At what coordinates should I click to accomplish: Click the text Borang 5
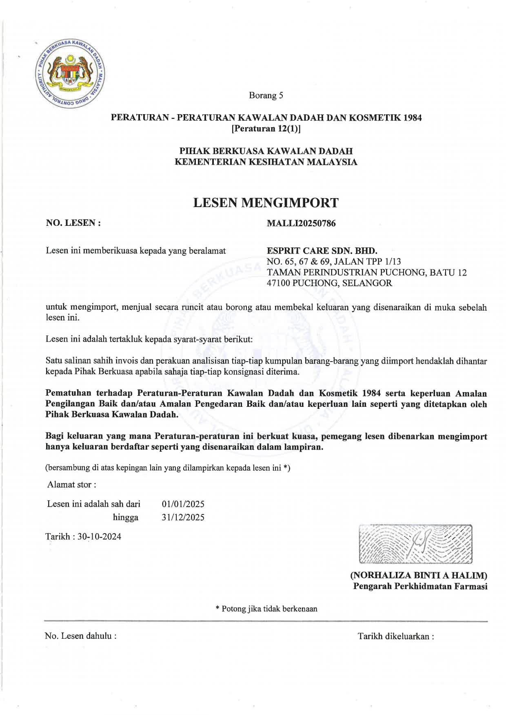coord(266,95)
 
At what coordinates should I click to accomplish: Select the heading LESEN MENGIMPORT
coord(266,203)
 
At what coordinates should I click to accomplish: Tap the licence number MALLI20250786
coord(301,223)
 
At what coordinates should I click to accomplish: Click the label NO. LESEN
coord(73,223)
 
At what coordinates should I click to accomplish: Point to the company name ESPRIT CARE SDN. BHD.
coord(322,251)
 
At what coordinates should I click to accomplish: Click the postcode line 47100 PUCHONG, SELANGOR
coord(329,283)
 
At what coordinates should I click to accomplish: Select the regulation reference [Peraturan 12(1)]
coord(266,129)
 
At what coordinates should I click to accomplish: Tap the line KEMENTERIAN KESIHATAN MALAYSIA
coord(266,162)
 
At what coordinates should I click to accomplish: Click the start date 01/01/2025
coord(183,504)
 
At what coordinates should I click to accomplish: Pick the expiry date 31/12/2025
coord(183,517)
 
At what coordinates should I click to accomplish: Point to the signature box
coord(415,544)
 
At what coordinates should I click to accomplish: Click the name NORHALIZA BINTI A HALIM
coord(419,576)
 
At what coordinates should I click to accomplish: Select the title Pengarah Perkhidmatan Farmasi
coord(420,586)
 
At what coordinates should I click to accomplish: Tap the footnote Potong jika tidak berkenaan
coord(266,609)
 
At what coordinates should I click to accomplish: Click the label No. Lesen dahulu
coord(80,636)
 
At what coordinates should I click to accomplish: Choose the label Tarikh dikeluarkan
coord(396,636)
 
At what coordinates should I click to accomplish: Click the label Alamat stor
coord(72,485)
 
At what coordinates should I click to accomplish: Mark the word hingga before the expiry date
coord(126,517)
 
